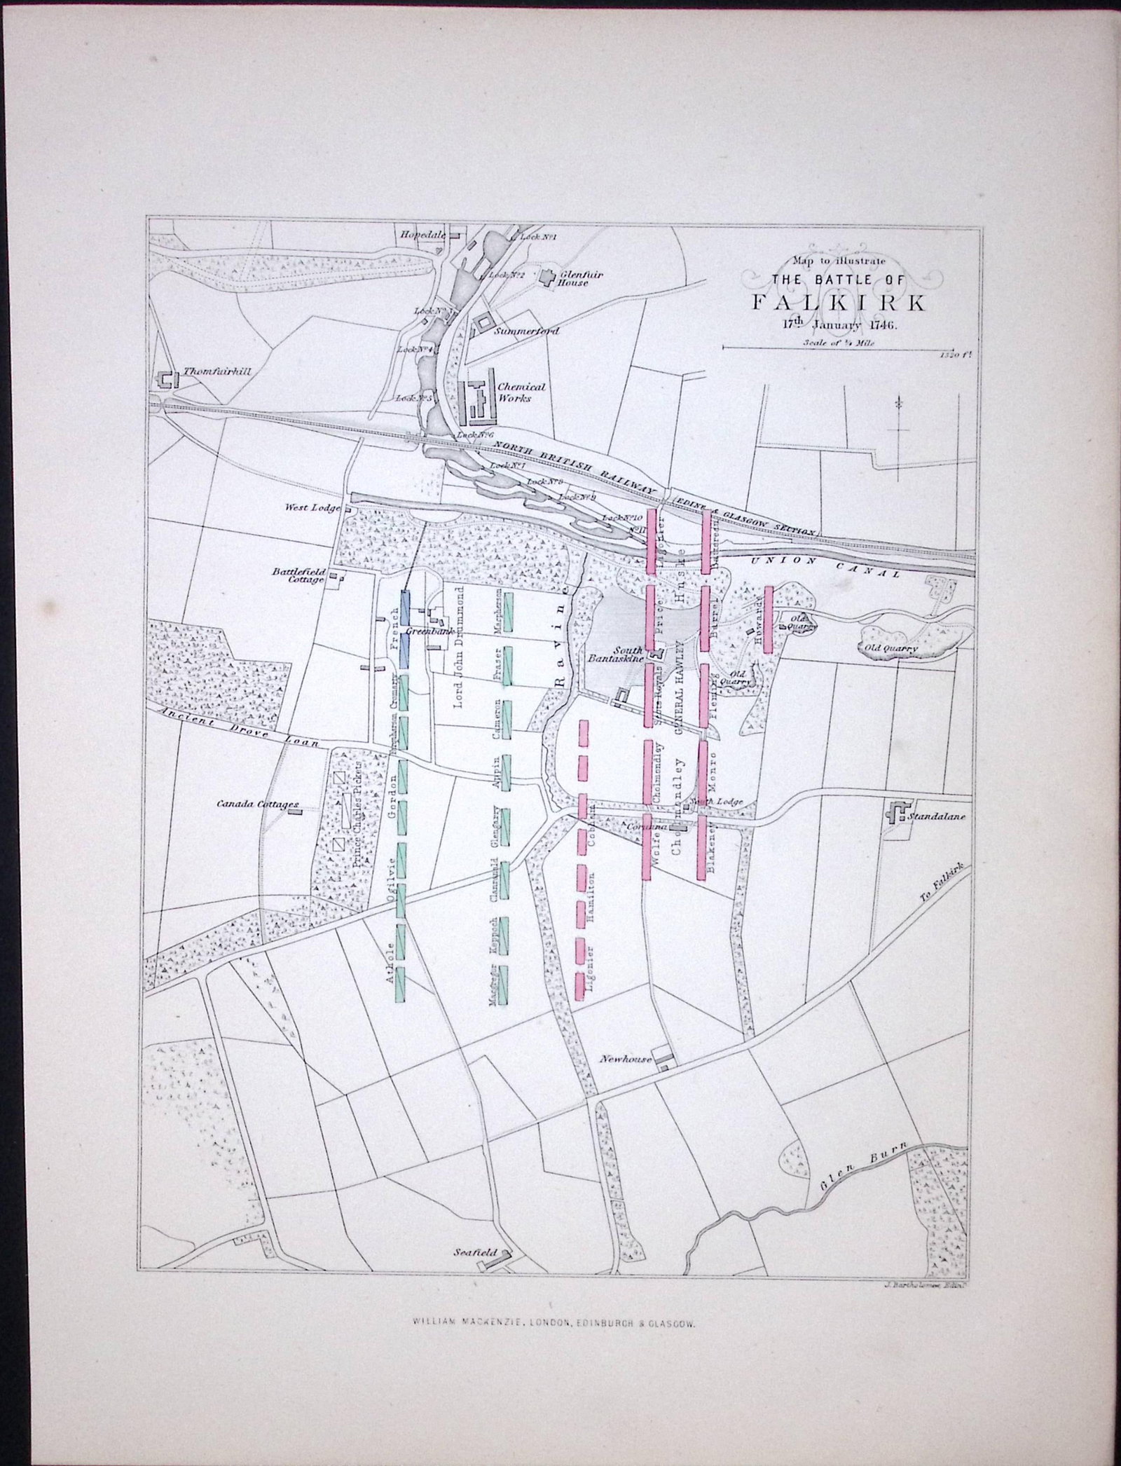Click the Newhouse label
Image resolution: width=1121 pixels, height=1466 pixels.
(626, 1060)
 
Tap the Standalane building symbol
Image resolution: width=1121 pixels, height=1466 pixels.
(895, 811)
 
